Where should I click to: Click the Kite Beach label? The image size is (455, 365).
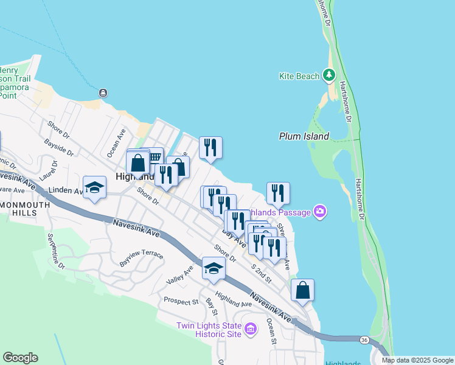pos(299,76)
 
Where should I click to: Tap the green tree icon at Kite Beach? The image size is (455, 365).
pos(329,75)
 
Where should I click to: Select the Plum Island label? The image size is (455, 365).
pos(304,137)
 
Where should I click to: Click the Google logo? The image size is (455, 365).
pos(20,358)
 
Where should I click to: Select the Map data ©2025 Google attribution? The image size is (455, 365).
pos(417,360)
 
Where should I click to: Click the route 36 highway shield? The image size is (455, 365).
pos(363,339)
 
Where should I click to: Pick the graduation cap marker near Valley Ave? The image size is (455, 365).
pos(213,268)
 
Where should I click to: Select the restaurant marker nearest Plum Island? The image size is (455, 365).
pos(277,193)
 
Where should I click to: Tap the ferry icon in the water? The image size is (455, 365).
pos(103,92)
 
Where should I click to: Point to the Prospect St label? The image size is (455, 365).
pos(181,301)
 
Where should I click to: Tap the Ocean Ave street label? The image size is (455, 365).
pos(116,142)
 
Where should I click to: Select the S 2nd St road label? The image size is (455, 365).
pos(261,272)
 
